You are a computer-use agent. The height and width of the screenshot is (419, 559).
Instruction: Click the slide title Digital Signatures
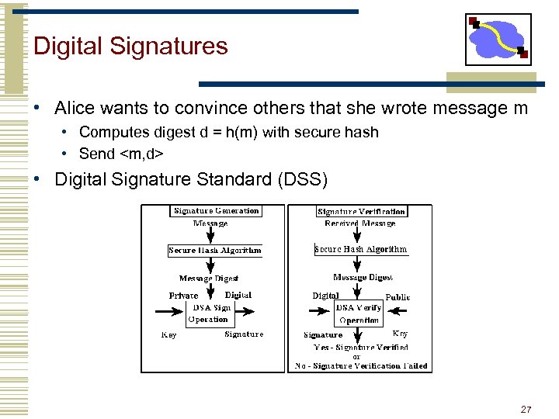[130, 46]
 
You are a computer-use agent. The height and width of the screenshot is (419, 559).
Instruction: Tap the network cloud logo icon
[498, 39]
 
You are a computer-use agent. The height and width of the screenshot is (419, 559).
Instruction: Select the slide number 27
[526, 409]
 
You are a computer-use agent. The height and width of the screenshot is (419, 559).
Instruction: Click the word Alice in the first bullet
[75, 108]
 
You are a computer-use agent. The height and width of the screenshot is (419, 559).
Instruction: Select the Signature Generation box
[216, 210]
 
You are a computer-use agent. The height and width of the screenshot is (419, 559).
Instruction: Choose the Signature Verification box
[362, 211]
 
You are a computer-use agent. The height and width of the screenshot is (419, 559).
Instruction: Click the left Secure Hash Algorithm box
[215, 250]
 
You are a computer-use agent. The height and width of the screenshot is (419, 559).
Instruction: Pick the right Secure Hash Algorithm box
[361, 249]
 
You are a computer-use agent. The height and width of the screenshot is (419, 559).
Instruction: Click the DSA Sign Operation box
[210, 313]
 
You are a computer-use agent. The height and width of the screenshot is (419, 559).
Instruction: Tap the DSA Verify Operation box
[359, 313]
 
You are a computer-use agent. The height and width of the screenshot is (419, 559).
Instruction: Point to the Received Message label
[360, 223]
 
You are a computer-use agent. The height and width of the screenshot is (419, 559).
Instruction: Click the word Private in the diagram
[183, 296]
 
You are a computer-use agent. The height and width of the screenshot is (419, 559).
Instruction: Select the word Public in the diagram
[398, 297]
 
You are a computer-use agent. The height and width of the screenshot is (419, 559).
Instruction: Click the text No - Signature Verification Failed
[361, 365]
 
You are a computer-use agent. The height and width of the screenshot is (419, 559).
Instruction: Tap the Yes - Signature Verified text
[360, 348]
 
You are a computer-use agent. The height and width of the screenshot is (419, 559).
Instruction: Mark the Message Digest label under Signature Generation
[209, 279]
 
